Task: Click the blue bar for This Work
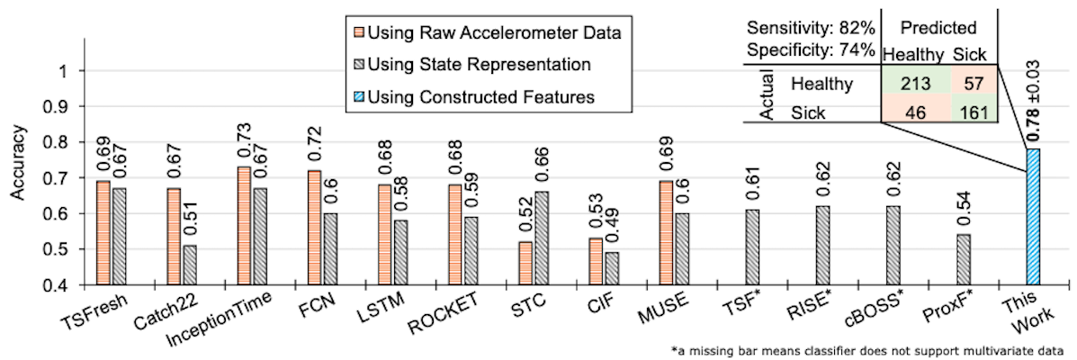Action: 1033,217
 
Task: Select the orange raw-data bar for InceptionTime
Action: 244,226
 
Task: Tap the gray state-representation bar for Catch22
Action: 187,265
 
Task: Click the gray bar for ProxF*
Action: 963,260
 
